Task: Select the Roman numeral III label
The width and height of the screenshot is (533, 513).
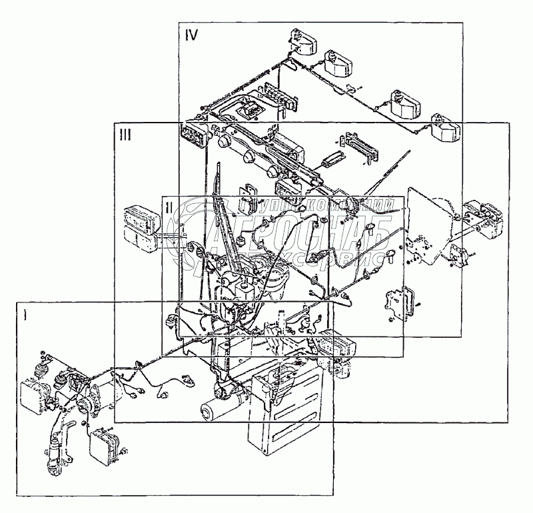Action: (x=125, y=134)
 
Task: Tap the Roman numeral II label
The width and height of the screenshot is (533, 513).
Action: (x=170, y=207)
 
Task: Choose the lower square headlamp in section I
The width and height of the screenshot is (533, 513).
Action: (x=105, y=440)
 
